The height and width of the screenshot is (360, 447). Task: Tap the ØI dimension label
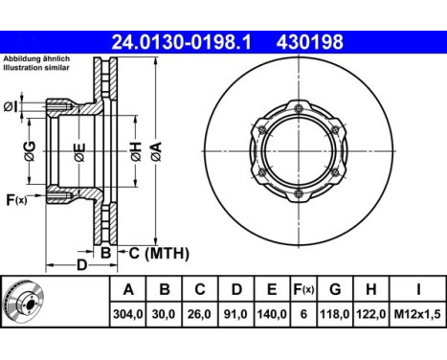tap(11, 105)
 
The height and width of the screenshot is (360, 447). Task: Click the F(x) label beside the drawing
tap(16, 199)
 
